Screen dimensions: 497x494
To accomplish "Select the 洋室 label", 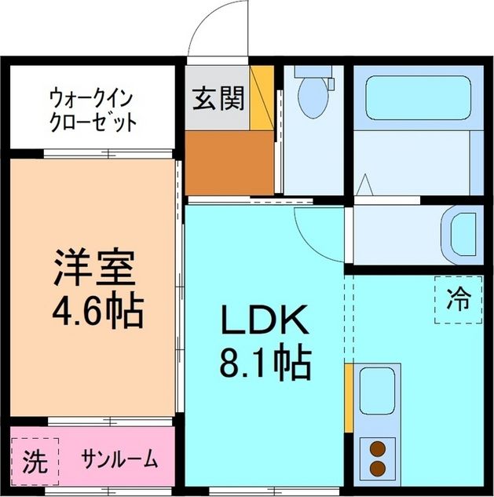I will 95,269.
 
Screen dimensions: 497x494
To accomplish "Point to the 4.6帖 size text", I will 96,311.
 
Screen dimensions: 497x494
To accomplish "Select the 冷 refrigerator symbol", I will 458,299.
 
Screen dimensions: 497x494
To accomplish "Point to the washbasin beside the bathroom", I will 459,233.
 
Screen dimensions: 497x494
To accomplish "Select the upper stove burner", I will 379,450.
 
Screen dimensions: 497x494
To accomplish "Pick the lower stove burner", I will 379,469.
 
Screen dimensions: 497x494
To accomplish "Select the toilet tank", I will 314,71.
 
